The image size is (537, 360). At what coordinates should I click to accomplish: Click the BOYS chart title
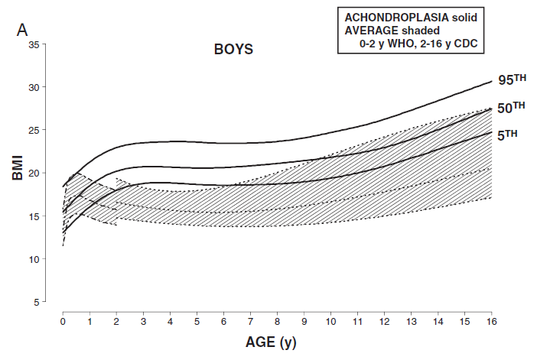coord(233,50)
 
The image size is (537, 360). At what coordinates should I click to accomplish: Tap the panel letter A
coord(23,30)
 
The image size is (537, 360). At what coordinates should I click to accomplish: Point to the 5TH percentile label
coord(506,134)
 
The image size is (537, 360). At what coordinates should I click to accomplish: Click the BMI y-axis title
coord(16,166)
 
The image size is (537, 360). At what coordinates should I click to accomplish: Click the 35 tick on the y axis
coord(33,44)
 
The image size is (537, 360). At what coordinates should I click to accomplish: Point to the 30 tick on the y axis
coord(33,87)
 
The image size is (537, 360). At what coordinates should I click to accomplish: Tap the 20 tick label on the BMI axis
coord(33,174)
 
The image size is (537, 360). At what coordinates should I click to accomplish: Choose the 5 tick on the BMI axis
coord(36,303)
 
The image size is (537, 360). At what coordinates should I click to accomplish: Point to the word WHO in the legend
coord(408,44)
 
